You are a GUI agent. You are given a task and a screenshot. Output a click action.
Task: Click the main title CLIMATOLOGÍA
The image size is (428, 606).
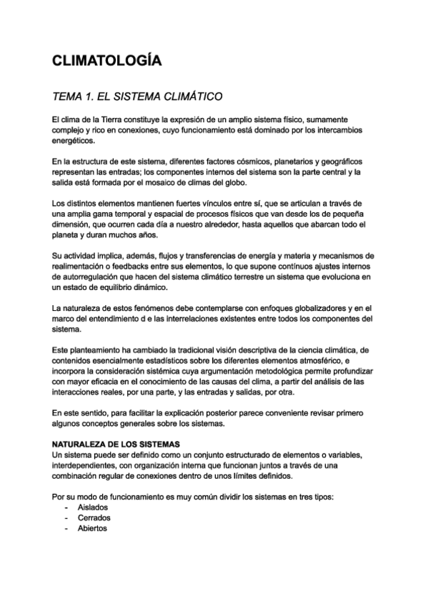click(106, 61)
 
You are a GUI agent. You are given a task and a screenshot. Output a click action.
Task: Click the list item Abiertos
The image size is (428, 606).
click(92, 528)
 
